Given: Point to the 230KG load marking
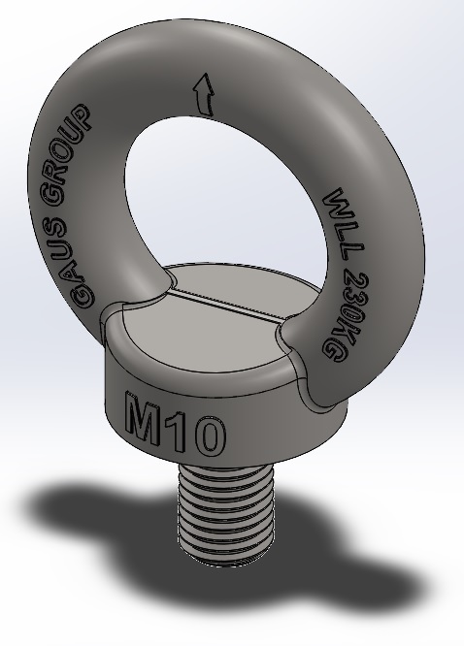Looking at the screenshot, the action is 344,316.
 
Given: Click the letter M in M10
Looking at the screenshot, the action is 143,418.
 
